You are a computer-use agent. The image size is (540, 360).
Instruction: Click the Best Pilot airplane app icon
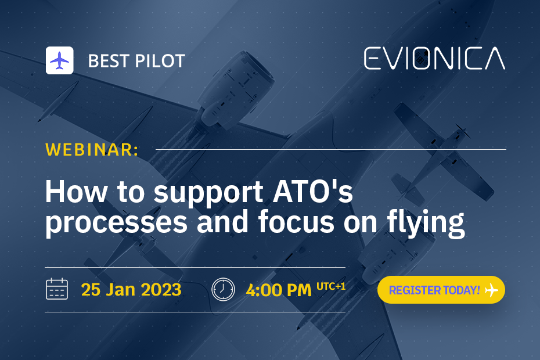(x=60, y=60)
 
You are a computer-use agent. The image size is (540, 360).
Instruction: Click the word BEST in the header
(x=109, y=61)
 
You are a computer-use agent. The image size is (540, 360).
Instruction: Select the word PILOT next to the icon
(x=160, y=61)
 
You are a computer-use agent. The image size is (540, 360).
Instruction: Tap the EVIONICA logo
(x=435, y=59)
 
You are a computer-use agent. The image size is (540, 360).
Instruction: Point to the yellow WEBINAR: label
(x=92, y=149)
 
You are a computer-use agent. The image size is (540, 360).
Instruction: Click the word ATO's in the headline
(x=313, y=192)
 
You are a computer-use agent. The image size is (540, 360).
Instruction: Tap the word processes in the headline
(x=116, y=223)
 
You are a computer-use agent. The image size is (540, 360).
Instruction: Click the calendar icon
(x=57, y=289)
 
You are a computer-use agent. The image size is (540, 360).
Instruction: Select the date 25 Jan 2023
(x=131, y=289)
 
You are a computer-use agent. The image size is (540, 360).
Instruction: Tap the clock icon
(x=223, y=289)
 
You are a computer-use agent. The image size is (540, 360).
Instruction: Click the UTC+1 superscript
(x=331, y=286)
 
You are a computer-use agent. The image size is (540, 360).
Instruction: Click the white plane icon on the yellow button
(x=491, y=290)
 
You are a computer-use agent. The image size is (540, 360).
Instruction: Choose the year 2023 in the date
(x=161, y=289)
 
